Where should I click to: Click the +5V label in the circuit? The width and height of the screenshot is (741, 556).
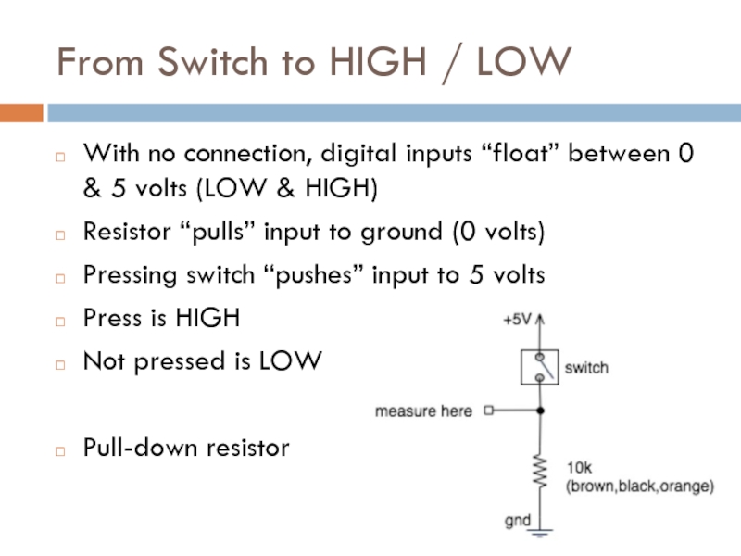(x=517, y=320)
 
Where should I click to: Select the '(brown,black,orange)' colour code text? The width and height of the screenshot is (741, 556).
(x=639, y=486)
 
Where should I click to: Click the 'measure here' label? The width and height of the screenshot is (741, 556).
(x=423, y=411)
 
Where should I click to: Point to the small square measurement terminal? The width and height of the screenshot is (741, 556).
(x=490, y=410)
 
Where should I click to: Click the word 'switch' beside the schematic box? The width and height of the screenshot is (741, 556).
(x=586, y=368)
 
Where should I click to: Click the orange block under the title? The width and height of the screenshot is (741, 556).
(x=21, y=113)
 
